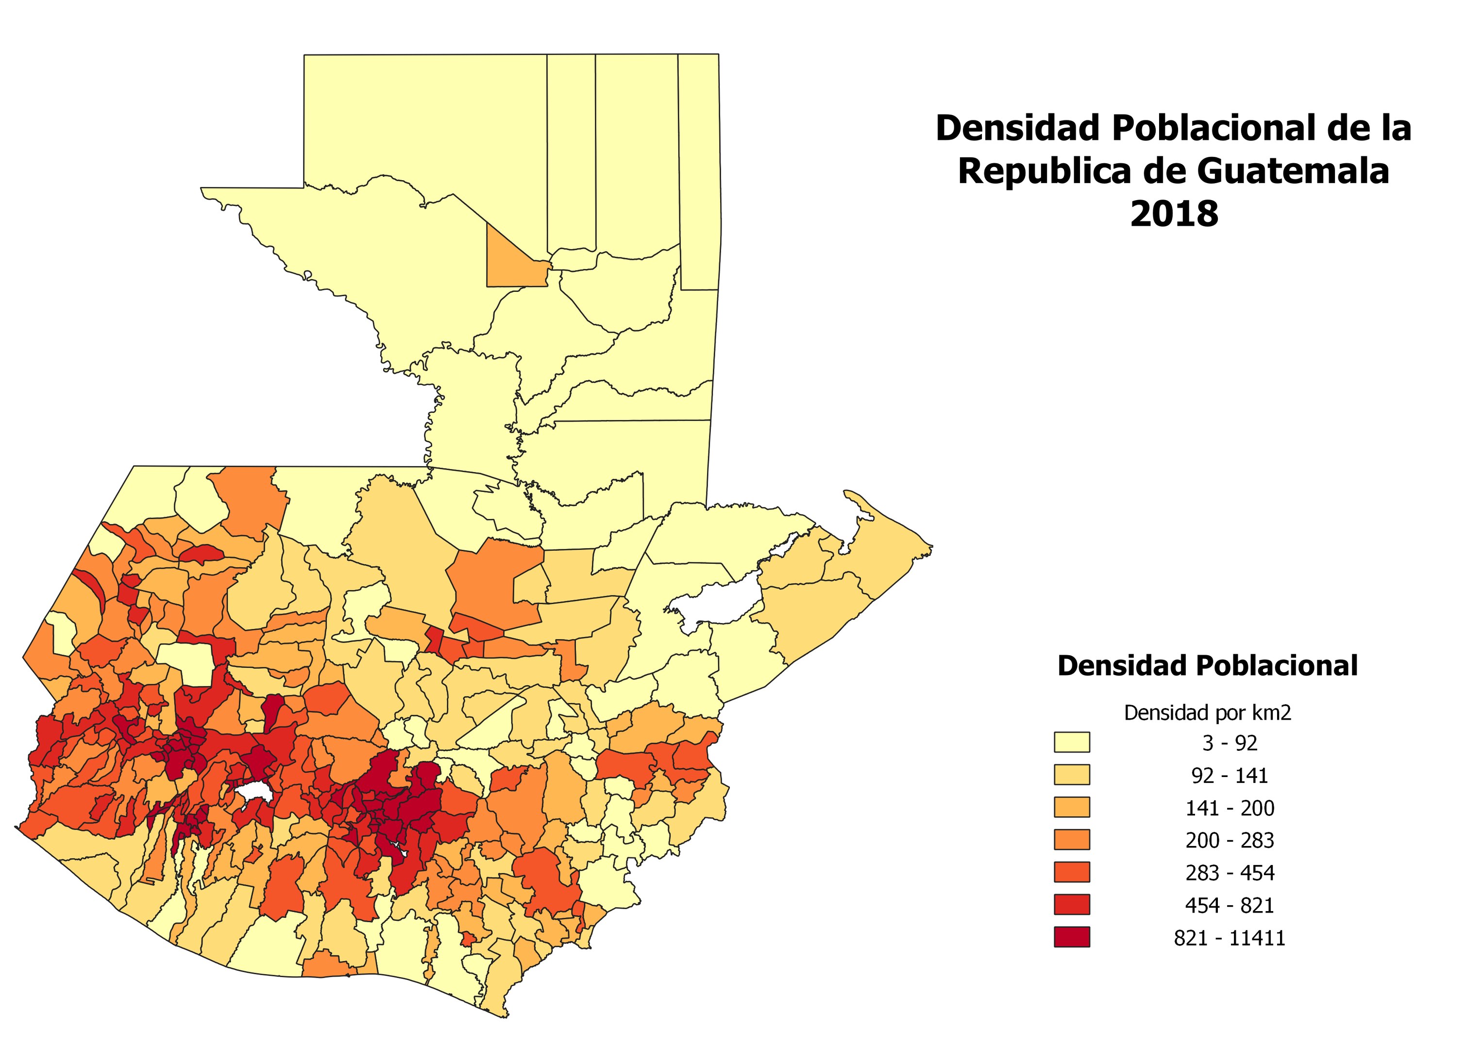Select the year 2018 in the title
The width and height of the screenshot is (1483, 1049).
[1174, 214]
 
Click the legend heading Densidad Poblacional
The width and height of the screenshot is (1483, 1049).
[1207, 665]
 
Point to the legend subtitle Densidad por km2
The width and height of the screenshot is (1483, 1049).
[1207, 712]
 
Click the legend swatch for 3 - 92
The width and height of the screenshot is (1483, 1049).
[1072, 742]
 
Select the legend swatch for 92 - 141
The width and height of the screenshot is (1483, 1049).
[1072, 775]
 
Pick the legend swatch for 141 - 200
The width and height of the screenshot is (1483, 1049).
[1072, 807]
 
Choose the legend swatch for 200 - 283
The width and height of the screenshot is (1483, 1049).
[1072, 840]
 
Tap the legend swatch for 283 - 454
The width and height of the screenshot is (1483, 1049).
[1072, 872]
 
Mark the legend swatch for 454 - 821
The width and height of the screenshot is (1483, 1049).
[1072, 904]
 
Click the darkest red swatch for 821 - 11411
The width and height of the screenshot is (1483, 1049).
[1072, 937]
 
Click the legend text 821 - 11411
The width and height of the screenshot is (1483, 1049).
[1229, 938]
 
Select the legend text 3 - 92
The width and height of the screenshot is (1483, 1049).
[1229, 744]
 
